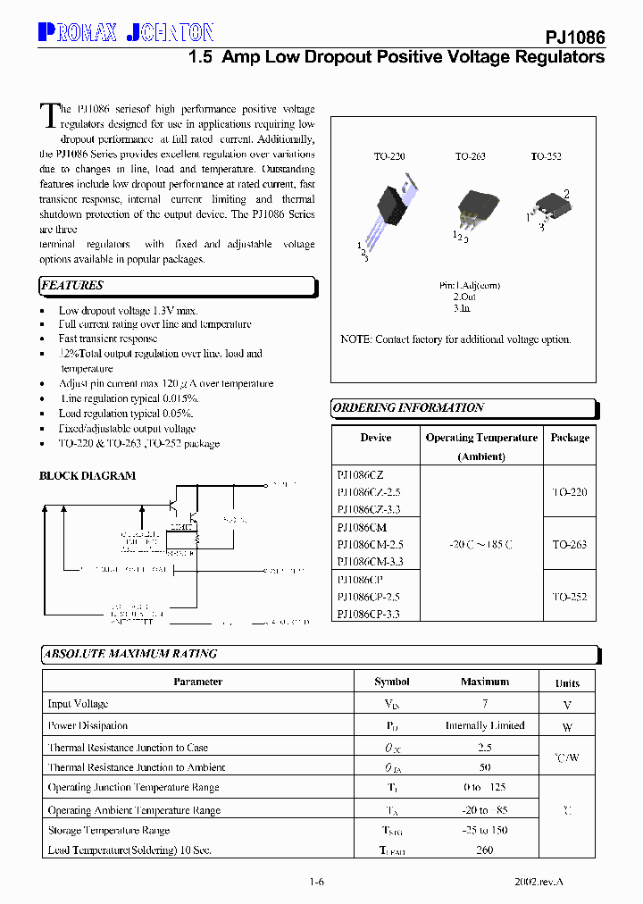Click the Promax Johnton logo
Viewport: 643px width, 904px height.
[126, 33]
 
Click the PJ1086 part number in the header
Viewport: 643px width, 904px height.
[575, 38]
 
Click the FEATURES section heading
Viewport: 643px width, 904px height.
[72, 286]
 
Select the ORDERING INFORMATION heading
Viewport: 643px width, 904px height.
[408, 408]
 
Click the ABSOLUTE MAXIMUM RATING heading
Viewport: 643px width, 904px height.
[130, 654]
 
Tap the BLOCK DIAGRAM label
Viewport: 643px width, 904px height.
[88, 476]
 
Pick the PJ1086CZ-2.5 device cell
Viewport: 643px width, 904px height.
[369, 492]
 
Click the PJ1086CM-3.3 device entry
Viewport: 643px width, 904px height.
[370, 562]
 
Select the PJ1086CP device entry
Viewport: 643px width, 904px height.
[360, 580]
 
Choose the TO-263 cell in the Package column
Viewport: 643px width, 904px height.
[569, 544]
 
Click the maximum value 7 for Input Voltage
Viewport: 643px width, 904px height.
[485, 704]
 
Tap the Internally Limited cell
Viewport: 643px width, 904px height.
[485, 725]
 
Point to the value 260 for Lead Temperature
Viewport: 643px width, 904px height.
[485, 850]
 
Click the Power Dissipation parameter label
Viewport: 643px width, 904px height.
[88, 725]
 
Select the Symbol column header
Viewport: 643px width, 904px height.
[392, 682]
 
